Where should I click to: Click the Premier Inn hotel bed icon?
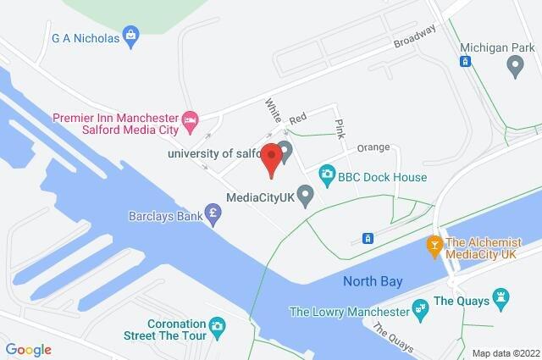click(x=191, y=118)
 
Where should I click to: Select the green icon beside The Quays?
click(x=502, y=299)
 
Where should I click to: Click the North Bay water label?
click(x=373, y=281)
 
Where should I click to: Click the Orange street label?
click(x=373, y=147)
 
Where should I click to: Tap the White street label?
click(x=273, y=110)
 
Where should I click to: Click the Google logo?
click(x=29, y=349)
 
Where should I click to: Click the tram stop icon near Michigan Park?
click(x=465, y=61)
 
